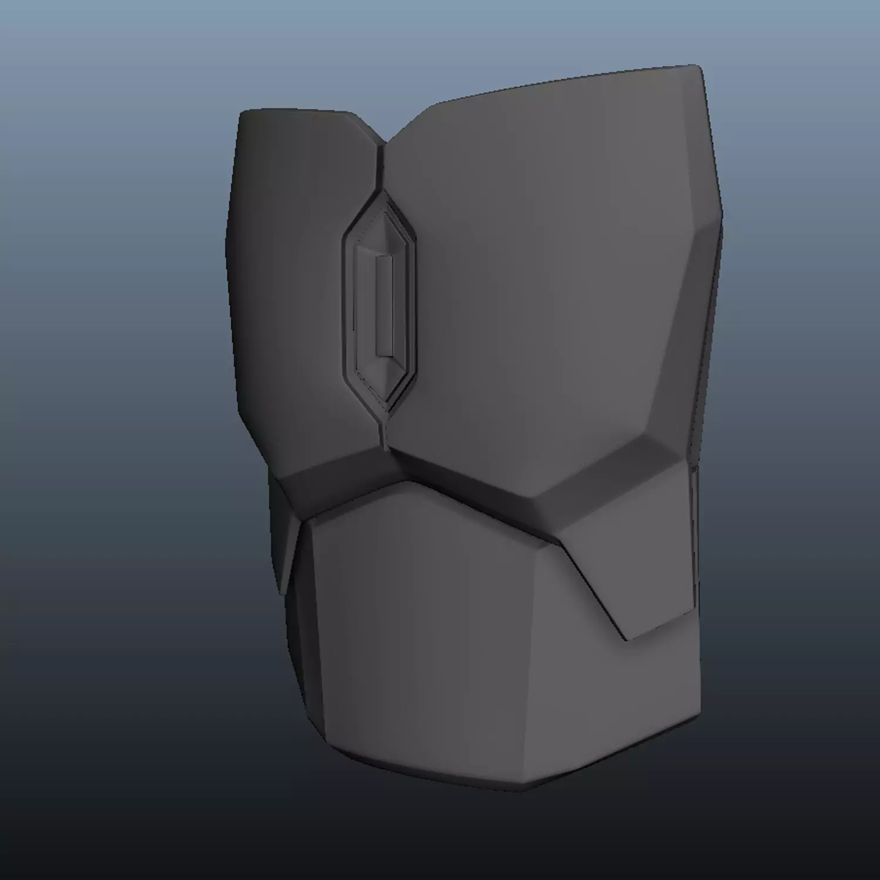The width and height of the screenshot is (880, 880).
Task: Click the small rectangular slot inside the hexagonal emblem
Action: click(x=384, y=306)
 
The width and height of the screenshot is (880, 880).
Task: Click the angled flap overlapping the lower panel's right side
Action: click(x=634, y=563)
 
